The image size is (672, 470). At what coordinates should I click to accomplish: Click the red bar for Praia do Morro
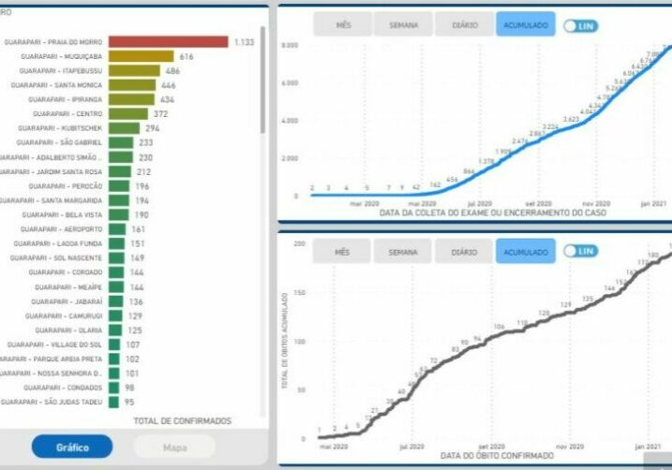(x=169, y=41)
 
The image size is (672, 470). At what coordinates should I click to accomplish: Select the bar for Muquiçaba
(x=142, y=56)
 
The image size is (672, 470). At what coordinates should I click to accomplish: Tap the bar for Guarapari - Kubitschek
(x=125, y=127)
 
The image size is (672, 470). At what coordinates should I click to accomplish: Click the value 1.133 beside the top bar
(x=245, y=42)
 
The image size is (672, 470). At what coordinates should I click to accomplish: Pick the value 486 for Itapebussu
(x=172, y=70)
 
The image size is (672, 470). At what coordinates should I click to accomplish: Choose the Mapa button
(x=174, y=447)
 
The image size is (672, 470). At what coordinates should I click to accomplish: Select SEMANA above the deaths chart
(x=403, y=251)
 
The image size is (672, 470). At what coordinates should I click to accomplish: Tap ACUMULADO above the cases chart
(x=525, y=24)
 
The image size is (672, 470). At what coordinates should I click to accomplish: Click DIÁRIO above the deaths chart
(x=464, y=251)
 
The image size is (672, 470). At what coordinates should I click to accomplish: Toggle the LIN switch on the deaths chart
(x=580, y=251)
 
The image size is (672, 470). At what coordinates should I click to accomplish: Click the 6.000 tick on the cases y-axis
(x=289, y=82)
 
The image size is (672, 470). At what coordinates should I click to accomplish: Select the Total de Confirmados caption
(x=182, y=420)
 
